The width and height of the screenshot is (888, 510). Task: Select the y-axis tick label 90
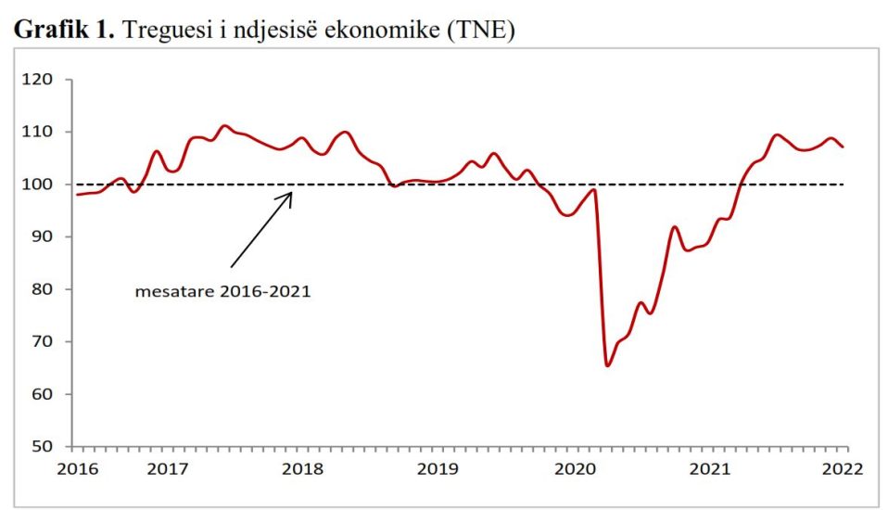[48, 237]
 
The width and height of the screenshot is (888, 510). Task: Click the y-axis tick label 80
[48, 289]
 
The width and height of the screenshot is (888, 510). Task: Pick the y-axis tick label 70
[48, 342]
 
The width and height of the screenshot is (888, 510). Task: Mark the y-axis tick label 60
[48, 394]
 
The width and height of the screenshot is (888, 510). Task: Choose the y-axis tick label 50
[48, 447]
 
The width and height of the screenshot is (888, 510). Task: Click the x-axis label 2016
[77, 468]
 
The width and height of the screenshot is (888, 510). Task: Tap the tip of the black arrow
[292, 192]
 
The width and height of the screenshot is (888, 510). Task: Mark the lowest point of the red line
[607, 365]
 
